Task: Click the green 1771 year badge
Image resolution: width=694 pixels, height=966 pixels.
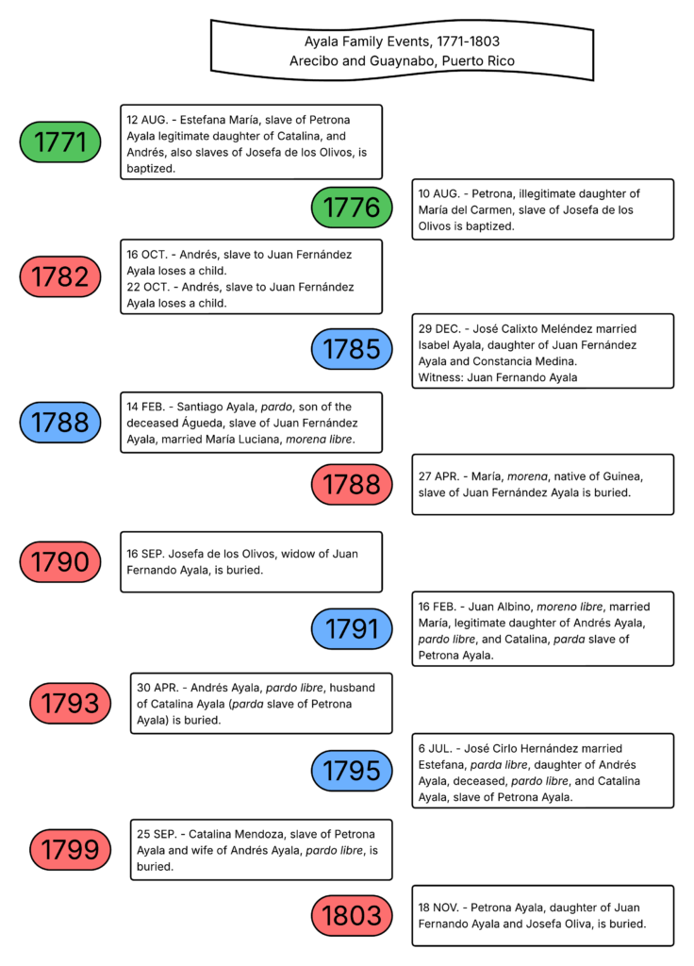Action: [x=60, y=142]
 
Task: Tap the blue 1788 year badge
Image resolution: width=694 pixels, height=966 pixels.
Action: [x=60, y=423]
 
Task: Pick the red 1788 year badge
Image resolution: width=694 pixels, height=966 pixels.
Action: [x=352, y=485]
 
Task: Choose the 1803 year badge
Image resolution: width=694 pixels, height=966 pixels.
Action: [x=352, y=915]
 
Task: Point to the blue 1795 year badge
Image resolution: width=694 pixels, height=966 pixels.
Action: [x=352, y=771]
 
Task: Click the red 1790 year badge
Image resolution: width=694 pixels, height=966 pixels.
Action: [x=60, y=562]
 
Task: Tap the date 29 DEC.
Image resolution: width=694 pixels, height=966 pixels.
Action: [x=438, y=328]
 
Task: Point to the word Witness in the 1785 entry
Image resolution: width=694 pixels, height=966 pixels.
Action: [x=440, y=377]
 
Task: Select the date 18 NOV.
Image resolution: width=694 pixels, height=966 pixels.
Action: [x=438, y=908]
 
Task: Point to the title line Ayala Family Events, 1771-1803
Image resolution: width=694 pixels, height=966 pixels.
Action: [x=402, y=42]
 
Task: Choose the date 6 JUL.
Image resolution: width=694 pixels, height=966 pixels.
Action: [x=436, y=748]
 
